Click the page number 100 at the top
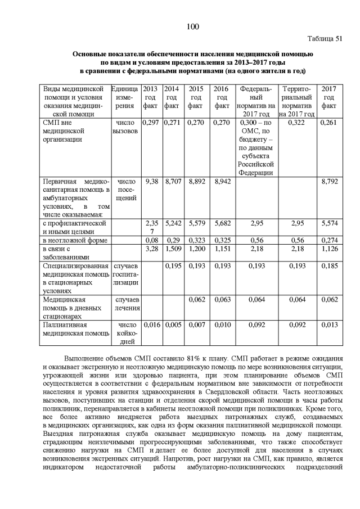click(191, 26)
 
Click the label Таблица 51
click(324, 39)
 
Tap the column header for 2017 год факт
click(328, 97)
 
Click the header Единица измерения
click(124, 97)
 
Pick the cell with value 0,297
click(150, 122)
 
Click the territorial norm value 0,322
click(299, 122)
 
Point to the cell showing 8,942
click(222, 182)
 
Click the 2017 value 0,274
click(328, 240)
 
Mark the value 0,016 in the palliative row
click(150, 325)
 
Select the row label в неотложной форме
click(71, 240)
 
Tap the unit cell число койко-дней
click(124, 333)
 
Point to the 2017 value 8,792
click(328, 182)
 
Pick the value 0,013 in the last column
click(328, 325)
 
